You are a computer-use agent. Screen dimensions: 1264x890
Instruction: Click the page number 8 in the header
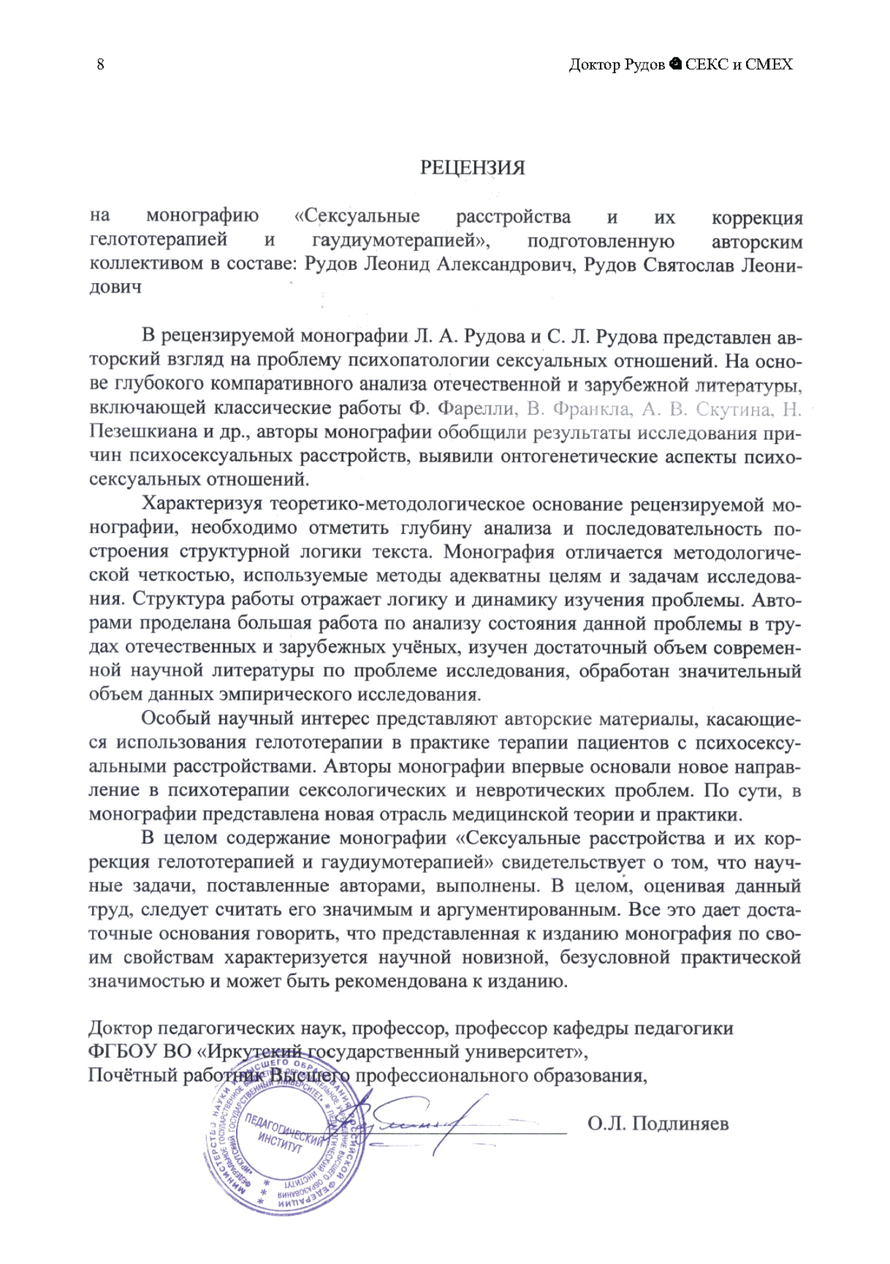pyautogui.click(x=100, y=64)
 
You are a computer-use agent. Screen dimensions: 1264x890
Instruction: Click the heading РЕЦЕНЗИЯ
pyautogui.click(x=472, y=168)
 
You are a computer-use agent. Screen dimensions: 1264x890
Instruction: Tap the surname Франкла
pyautogui.click(x=590, y=409)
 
